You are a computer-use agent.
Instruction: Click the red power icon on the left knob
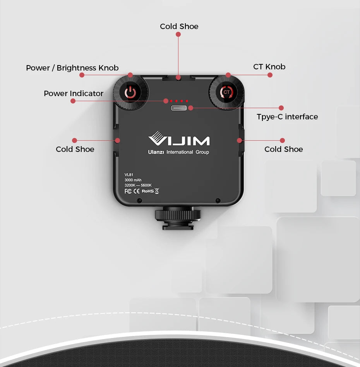(x=130, y=93)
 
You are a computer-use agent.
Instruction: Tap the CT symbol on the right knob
(x=226, y=92)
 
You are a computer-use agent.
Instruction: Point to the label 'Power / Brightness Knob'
(x=72, y=68)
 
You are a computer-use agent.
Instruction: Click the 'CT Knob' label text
(x=269, y=67)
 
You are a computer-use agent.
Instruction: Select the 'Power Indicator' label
(x=74, y=93)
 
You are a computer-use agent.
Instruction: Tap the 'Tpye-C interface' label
(x=287, y=117)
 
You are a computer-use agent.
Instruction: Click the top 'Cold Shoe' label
(x=179, y=26)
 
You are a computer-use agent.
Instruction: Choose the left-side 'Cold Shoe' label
(x=75, y=149)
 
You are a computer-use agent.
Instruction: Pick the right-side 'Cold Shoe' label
(x=284, y=149)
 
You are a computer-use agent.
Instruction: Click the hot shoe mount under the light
(x=178, y=219)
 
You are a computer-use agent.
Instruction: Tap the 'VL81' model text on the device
(x=129, y=175)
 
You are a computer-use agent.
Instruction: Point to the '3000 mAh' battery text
(x=133, y=180)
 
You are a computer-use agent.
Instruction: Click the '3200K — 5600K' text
(x=138, y=185)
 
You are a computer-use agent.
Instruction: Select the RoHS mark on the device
(x=147, y=191)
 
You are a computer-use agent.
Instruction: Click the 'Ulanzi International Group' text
(x=178, y=152)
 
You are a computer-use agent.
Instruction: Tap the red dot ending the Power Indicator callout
(x=73, y=101)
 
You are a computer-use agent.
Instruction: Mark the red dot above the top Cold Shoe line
(x=178, y=34)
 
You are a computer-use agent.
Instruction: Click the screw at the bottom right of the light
(x=218, y=200)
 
